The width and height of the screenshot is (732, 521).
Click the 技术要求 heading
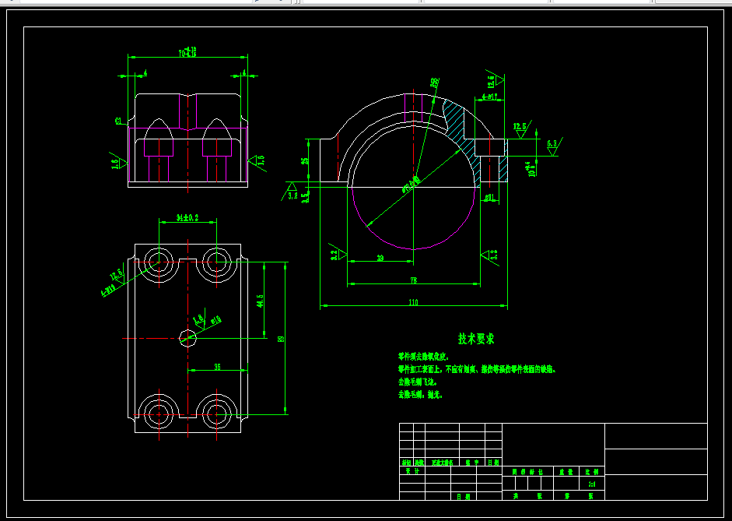[x=475, y=339]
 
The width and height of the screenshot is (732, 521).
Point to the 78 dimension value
[x=413, y=280]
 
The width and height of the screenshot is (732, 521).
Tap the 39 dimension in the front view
[x=380, y=258]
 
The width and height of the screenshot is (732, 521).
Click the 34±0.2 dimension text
[x=187, y=218]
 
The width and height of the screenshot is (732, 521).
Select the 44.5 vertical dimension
[x=260, y=301]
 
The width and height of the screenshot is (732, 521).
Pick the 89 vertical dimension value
[x=281, y=339]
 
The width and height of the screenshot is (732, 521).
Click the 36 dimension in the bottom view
[x=217, y=366]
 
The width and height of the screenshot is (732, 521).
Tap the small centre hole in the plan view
[x=187, y=337]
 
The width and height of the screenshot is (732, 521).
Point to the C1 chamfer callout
[x=118, y=121]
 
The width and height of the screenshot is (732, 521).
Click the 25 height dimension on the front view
[x=305, y=161]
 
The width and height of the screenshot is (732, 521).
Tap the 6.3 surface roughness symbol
[x=552, y=144]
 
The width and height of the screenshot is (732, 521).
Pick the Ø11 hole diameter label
[x=489, y=198]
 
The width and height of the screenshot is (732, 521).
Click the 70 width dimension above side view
[x=187, y=53]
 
